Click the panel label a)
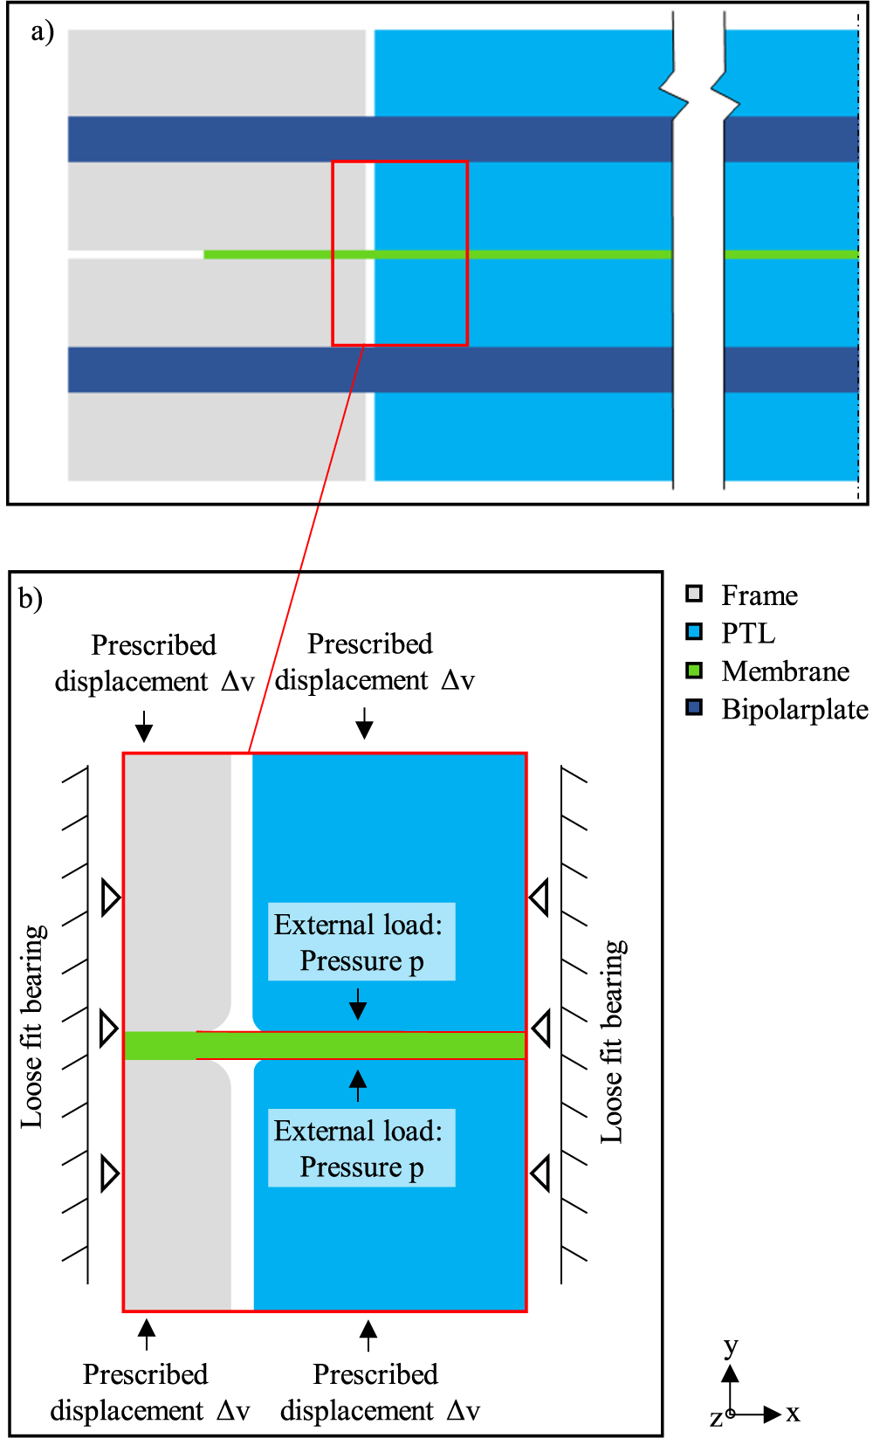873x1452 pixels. click(x=42, y=32)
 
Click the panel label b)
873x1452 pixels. click(x=31, y=599)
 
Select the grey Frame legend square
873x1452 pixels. click(x=694, y=595)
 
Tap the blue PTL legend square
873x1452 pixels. click(x=694, y=632)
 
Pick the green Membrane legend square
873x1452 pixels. click(x=694, y=671)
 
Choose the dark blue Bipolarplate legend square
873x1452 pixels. click(x=694, y=708)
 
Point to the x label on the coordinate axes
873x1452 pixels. click(x=793, y=1413)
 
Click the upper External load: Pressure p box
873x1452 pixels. click(x=361, y=941)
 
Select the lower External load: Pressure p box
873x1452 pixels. click(x=361, y=1148)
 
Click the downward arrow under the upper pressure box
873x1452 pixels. click(x=358, y=1005)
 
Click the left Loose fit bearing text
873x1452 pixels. click(x=33, y=1026)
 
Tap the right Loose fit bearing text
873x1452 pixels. click(x=613, y=1042)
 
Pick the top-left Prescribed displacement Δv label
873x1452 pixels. click(x=154, y=663)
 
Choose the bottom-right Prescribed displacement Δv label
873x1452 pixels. click(x=379, y=1392)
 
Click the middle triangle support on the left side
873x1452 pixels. click(x=109, y=1029)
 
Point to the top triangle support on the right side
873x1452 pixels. click(x=540, y=897)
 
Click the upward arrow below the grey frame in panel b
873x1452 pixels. click(x=147, y=1333)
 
